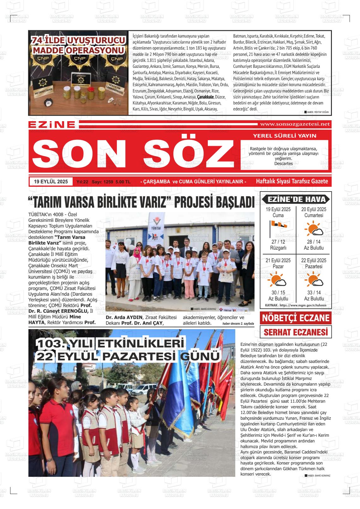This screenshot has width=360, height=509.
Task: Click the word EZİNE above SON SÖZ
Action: [x=52, y=125]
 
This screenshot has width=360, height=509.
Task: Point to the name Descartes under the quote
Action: [x=283, y=163]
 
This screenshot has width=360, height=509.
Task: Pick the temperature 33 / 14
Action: [x=314, y=293]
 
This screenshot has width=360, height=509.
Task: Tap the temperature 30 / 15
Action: [x=278, y=293]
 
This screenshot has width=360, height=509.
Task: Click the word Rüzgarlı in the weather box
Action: [x=278, y=248]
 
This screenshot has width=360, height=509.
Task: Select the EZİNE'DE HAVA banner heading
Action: [x=296, y=199]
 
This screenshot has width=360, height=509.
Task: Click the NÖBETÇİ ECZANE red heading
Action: [x=296, y=318]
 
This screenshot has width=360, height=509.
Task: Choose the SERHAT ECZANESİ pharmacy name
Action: [x=296, y=332]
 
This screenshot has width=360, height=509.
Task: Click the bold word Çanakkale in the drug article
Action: [x=205, y=97]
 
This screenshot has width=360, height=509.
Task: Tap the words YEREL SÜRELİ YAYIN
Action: [x=285, y=136]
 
